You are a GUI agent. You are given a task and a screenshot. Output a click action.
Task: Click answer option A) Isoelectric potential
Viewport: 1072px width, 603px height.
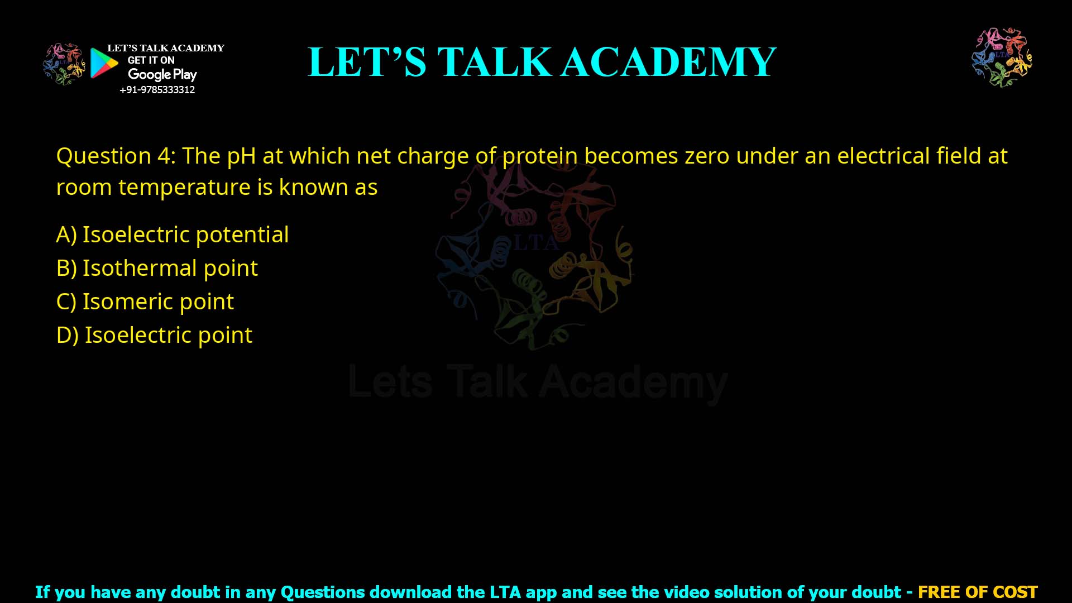point(173,235)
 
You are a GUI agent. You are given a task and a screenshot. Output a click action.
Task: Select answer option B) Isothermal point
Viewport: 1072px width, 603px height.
point(157,269)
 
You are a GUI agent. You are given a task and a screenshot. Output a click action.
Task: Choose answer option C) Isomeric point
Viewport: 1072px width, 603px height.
point(145,302)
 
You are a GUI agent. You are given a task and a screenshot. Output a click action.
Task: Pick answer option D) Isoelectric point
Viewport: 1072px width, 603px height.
point(154,336)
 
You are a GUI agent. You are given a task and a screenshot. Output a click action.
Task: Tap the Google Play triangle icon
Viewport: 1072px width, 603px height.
point(104,63)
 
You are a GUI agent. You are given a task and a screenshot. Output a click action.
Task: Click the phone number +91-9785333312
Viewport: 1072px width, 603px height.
point(157,90)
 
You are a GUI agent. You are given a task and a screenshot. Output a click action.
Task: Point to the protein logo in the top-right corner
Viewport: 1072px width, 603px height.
point(1002,58)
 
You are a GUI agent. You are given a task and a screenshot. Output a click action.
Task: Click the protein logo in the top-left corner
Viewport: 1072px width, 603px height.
point(64,64)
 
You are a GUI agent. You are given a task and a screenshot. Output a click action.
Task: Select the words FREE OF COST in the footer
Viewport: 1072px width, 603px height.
point(978,592)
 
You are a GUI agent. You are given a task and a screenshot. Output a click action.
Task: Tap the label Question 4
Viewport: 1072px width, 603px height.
point(116,156)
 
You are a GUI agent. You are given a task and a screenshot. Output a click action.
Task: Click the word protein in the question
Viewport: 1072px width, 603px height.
point(540,157)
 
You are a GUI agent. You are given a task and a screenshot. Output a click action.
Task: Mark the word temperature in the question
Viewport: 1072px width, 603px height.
point(184,188)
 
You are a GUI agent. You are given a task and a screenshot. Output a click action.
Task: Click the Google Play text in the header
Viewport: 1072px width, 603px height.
point(162,75)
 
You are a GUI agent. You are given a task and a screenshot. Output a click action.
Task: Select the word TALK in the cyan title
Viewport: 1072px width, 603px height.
point(494,62)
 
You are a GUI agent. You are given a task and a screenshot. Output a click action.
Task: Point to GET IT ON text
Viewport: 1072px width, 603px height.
point(151,60)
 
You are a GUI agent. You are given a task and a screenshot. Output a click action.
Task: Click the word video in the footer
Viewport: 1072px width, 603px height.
point(671,592)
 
